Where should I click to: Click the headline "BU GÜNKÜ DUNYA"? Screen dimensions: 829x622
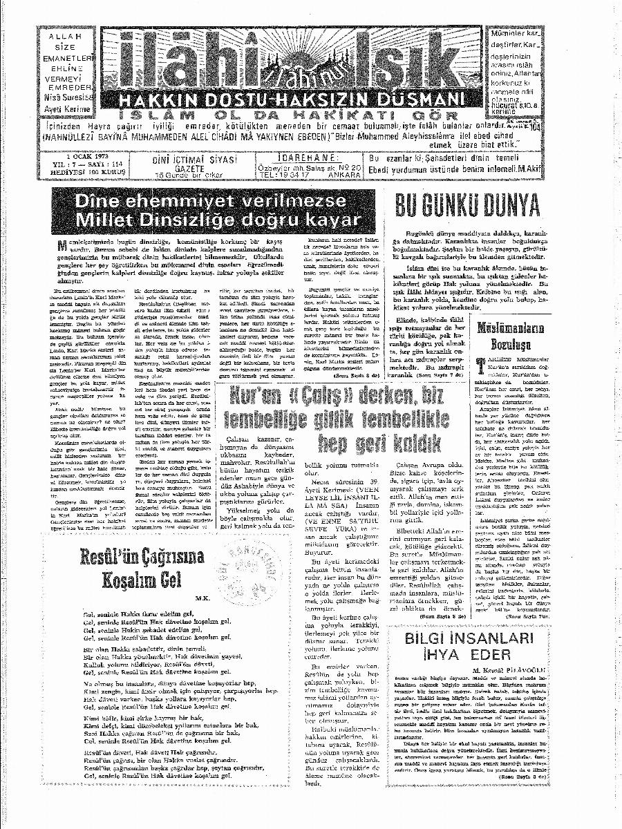pos(467,207)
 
